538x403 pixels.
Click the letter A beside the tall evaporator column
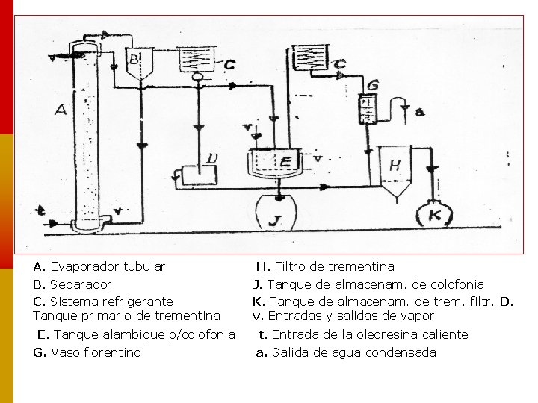click(61, 110)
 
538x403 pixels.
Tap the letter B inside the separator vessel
click(134, 58)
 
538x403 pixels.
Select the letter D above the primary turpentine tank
click(212, 159)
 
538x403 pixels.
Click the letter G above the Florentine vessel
click(373, 84)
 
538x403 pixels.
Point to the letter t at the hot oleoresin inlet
click(40, 212)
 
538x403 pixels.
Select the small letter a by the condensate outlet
click(420, 112)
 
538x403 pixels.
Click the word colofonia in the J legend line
click(455, 284)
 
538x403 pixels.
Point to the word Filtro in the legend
click(291, 266)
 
